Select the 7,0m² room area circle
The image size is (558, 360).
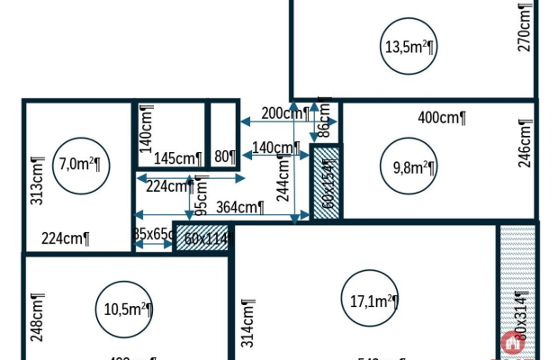pyautogui.click(x=79, y=165)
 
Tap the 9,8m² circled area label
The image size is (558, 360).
pyautogui.click(x=413, y=166)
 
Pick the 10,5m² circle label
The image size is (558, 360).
pyautogui.click(x=123, y=309)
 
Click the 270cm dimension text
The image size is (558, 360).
pyautogui.click(x=526, y=27)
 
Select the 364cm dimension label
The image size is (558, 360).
pyautogui.click(x=240, y=207)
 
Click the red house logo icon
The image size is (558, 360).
pyautogui.click(x=513, y=342)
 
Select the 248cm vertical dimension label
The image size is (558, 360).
pyautogui.click(x=38, y=310)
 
